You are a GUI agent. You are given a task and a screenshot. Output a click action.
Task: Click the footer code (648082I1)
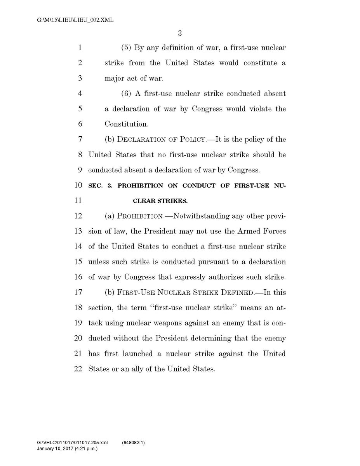tap(134, 442)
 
